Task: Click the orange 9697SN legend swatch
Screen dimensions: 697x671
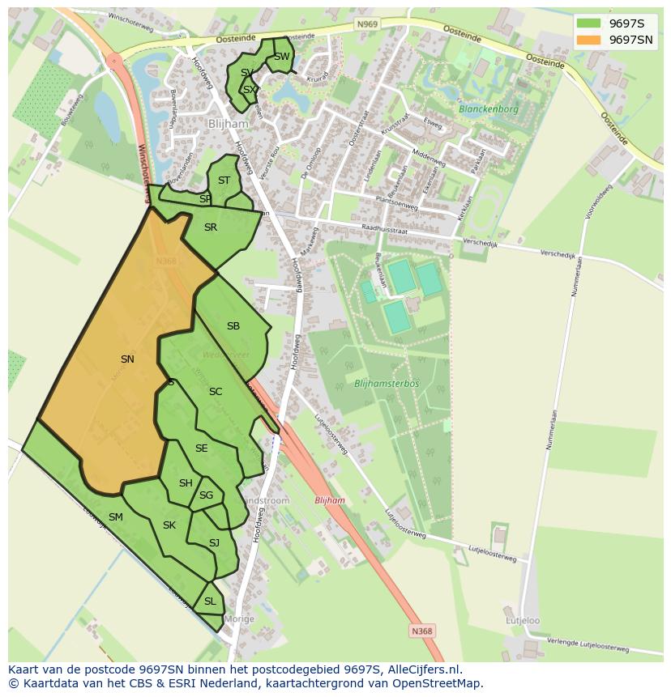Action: [589, 40]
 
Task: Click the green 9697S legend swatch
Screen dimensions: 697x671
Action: [589, 23]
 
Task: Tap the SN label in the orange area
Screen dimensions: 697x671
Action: [127, 359]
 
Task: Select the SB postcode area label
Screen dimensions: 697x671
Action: [233, 326]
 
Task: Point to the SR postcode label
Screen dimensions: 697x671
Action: [211, 227]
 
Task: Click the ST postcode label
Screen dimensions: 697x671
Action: [224, 181]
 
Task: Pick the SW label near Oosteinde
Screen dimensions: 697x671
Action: [281, 57]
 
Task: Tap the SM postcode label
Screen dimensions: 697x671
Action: [116, 516]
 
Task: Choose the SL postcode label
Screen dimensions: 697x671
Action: [210, 601]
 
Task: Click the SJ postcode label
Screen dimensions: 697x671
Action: [214, 542]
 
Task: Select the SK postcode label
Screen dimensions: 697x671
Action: [169, 525]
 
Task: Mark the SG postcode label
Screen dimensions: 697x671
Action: [206, 495]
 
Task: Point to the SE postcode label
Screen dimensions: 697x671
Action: [202, 448]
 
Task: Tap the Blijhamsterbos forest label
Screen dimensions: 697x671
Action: [387, 383]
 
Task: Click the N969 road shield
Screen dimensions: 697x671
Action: [366, 25]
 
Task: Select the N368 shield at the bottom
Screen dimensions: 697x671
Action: [421, 631]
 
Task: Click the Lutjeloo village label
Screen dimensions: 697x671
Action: [523, 621]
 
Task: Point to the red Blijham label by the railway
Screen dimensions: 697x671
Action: [330, 500]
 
